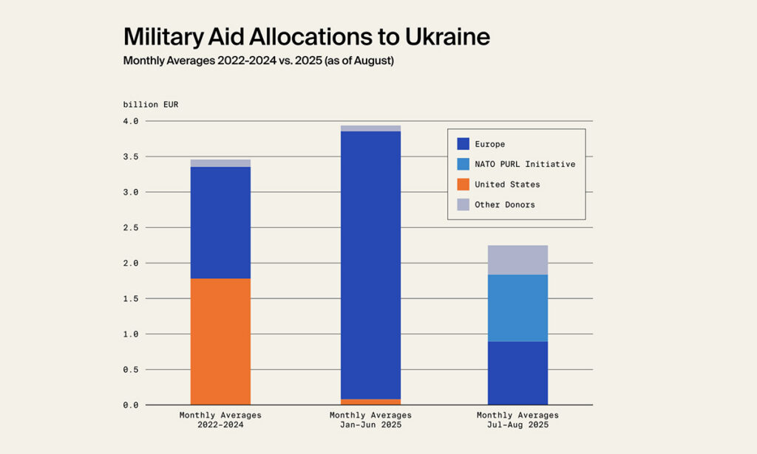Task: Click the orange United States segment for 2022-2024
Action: [220, 341]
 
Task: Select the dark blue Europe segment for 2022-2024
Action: [220, 222]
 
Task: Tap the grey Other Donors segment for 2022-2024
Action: [220, 163]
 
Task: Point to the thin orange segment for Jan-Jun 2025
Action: [370, 402]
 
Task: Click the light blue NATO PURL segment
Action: [517, 308]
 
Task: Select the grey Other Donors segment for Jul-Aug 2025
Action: [517, 260]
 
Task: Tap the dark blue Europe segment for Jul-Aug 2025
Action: [517, 373]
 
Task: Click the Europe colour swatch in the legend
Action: [463, 144]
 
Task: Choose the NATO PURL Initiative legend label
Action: [525, 164]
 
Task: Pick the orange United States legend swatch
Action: [463, 185]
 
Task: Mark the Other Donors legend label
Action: [505, 204]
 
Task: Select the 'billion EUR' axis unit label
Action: [151, 104]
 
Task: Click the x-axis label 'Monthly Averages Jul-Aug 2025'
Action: [517, 420]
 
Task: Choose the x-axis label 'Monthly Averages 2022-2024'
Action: [220, 420]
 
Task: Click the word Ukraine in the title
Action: [443, 37]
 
